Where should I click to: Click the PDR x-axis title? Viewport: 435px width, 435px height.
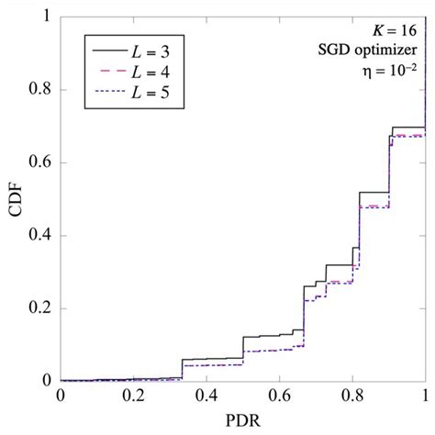[x=242, y=423]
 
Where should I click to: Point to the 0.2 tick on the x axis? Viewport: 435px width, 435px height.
[x=133, y=397]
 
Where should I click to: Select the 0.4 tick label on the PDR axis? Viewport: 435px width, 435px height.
[x=206, y=397]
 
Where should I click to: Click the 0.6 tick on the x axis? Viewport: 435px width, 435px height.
[x=279, y=397]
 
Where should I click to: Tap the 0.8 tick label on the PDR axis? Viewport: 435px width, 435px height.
[x=352, y=397]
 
